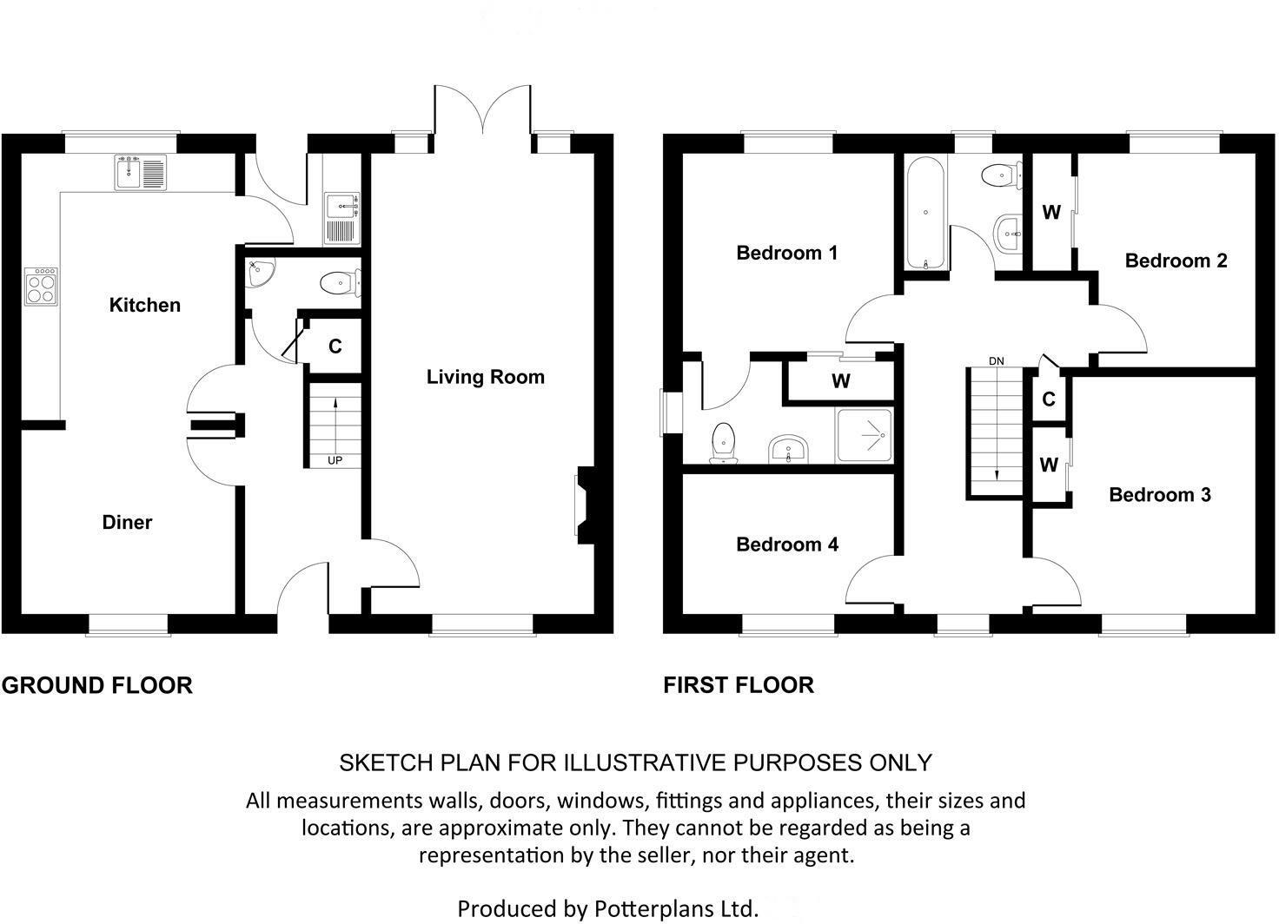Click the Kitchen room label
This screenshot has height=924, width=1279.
144,305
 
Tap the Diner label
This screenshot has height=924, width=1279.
127,522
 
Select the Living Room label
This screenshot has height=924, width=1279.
485,377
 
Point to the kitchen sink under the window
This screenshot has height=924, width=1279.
139,172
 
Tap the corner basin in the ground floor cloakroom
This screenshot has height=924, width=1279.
259,274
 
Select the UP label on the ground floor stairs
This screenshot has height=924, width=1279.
335,460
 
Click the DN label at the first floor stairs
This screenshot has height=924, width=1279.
996,360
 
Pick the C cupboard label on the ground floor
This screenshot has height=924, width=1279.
335,346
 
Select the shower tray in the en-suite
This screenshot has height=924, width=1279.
864,434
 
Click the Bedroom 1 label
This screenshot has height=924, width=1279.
786,253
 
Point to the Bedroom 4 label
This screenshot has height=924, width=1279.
786,544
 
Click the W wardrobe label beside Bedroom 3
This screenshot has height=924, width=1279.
1049,465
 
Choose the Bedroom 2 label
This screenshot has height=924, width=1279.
1176,261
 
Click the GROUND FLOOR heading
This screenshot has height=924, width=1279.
96,685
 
